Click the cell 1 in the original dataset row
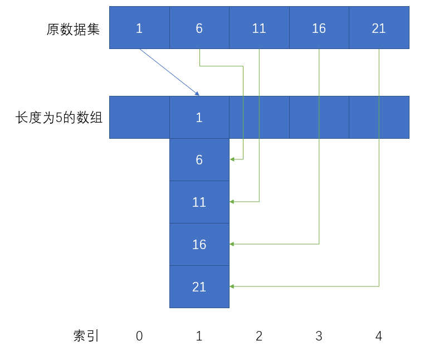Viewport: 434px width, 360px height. pos(139,28)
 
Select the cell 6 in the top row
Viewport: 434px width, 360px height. pos(199,28)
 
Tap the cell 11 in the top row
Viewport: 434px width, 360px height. pos(259,28)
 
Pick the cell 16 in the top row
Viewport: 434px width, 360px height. pos(319,28)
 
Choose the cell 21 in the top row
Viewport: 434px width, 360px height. pos(379,28)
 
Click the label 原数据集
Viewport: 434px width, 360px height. pos(73,29)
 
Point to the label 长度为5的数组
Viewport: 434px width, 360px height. pos(59,118)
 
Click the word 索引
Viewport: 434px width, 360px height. pos(86,335)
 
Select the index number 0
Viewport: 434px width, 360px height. pos(139,336)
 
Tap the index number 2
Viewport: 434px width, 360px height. pos(259,336)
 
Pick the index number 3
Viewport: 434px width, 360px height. pos(319,336)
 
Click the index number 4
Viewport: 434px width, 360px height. pos(379,336)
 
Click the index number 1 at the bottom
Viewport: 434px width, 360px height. pos(199,336)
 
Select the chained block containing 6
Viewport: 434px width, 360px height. pos(199,160)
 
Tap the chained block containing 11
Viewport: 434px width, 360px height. pos(199,202)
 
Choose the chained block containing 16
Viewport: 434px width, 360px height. pos(199,245)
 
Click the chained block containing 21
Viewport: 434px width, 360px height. pos(199,287)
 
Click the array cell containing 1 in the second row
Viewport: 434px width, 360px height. pos(199,118)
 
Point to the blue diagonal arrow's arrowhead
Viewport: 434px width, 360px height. pos(197,93)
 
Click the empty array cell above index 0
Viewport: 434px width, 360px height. pos(139,118)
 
